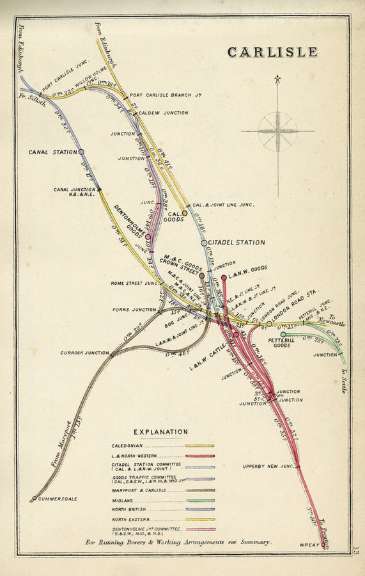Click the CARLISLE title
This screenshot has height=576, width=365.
[272, 52]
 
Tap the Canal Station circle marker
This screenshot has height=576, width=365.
[81, 152]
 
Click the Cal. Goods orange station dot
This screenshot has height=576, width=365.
[185, 213]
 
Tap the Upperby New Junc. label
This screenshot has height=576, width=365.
[267, 466]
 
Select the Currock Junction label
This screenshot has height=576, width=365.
[84, 353]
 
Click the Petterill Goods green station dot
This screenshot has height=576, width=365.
[283, 334]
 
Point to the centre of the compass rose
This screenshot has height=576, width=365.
[277, 131]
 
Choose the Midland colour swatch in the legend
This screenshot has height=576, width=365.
[199, 499]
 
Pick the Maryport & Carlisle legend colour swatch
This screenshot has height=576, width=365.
[199, 489]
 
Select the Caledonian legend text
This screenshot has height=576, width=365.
[127, 445]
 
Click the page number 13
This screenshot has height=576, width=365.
[356, 550]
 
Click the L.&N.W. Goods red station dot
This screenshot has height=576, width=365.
[224, 278]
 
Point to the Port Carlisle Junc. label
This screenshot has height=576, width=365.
[65, 76]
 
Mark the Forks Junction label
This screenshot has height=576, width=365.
[135, 310]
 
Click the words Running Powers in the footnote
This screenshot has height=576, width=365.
[131, 542]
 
